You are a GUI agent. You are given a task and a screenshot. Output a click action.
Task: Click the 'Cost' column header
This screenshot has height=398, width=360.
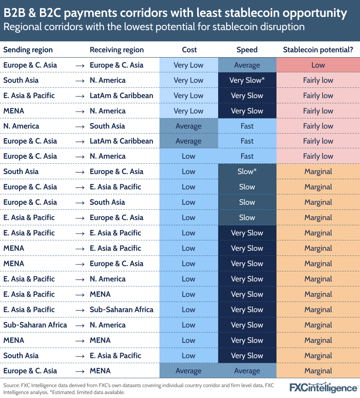tap(189, 50)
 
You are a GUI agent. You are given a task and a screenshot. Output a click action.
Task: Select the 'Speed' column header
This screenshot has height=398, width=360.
tap(247, 50)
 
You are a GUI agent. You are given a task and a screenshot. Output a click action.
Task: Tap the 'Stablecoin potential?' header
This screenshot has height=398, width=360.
tap(318, 50)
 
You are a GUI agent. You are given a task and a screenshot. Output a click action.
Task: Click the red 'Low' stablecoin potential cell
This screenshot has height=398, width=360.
tap(318, 65)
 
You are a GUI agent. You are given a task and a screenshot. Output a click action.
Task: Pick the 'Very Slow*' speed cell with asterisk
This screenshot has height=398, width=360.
tap(247, 80)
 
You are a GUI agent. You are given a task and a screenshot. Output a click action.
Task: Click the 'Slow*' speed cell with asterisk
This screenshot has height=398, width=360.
tap(247, 172)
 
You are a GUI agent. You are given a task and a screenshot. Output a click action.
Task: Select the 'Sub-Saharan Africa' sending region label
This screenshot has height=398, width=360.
tap(35, 325)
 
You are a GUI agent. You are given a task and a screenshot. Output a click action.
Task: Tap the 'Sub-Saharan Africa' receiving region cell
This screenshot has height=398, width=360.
tap(121, 309)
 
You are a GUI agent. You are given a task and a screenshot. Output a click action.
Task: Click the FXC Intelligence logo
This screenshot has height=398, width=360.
tap(324, 388)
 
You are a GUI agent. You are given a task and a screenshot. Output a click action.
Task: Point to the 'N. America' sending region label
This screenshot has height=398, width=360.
tap(21, 126)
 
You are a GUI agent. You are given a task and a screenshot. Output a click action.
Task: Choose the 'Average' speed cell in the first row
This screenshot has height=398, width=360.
tap(247, 65)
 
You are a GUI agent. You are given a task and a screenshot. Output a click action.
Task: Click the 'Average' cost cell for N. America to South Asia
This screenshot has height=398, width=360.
tap(188, 126)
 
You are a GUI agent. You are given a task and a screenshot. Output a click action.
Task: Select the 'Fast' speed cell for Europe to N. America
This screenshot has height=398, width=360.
tap(247, 156)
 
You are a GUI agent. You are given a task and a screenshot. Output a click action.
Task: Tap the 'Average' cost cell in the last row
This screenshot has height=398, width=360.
tap(188, 371)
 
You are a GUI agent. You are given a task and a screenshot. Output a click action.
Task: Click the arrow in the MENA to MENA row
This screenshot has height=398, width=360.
tap(80, 340)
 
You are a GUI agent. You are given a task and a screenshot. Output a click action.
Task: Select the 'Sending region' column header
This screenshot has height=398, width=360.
tap(28, 50)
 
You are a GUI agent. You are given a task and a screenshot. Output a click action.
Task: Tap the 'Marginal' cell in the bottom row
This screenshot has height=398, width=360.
tap(318, 371)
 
